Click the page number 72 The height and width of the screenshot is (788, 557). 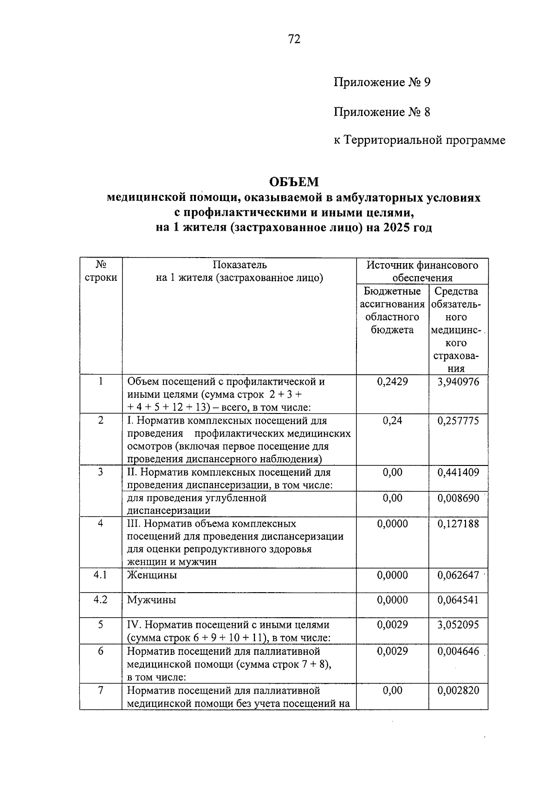[x=294, y=39]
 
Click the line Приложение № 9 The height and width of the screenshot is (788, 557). [x=382, y=83]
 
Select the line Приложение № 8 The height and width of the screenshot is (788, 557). [x=382, y=112]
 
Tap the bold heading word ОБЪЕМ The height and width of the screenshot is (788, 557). [x=294, y=181]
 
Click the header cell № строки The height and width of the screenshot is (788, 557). [x=101, y=271]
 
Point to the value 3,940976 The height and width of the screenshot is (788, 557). [x=458, y=382]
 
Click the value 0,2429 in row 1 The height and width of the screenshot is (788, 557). [x=392, y=382]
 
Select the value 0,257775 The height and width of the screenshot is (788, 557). [x=458, y=421]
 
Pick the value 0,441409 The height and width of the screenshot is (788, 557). [x=458, y=472]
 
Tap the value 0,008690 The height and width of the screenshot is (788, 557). [x=458, y=498]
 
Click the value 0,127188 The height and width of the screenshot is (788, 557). [x=458, y=524]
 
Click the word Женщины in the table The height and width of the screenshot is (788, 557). [x=152, y=575]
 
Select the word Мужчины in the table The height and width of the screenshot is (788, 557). [x=152, y=600]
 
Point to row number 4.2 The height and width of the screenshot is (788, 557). [x=100, y=600]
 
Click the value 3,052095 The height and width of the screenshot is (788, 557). [x=458, y=625]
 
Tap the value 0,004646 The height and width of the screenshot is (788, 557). [x=458, y=652]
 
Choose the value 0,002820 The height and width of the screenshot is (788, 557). [x=458, y=691]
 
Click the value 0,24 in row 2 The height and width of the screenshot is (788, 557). [x=392, y=421]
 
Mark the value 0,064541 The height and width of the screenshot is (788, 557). [x=458, y=600]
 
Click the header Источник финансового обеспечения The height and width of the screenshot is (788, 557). [x=422, y=271]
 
